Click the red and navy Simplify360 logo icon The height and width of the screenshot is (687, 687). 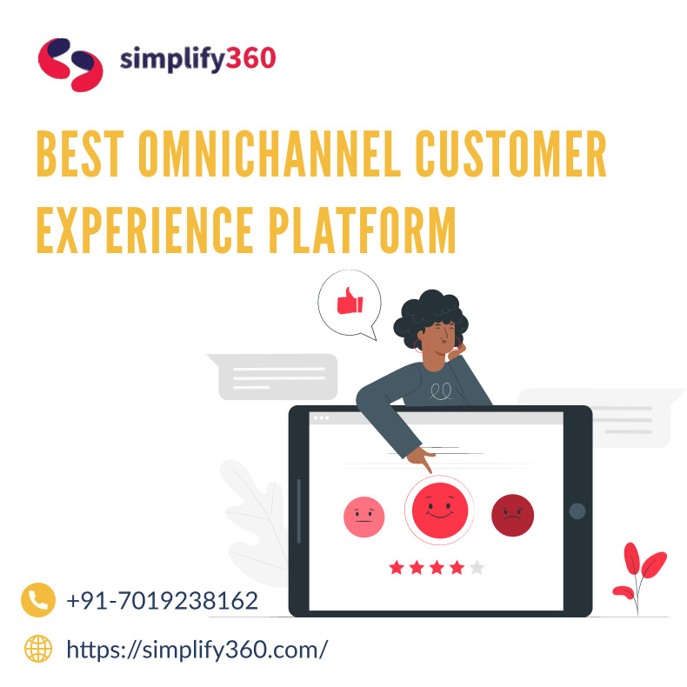click(x=70, y=63)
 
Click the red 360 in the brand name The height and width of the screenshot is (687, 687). click(x=250, y=59)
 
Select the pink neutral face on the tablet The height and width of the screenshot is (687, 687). click(x=364, y=517)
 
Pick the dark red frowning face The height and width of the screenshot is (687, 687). click(x=512, y=516)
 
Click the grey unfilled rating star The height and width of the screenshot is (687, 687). click(x=477, y=568)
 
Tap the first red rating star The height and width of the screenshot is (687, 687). click(x=397, y=568)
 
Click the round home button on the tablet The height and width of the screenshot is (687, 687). click(x=576, y=511)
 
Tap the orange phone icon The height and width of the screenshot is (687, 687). click(x=37, y=600)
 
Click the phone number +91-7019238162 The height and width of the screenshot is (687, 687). click(x=162, y=601)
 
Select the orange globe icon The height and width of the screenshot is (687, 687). click(x=38, y=648)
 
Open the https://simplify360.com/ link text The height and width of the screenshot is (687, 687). click(x=197, y=649)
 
